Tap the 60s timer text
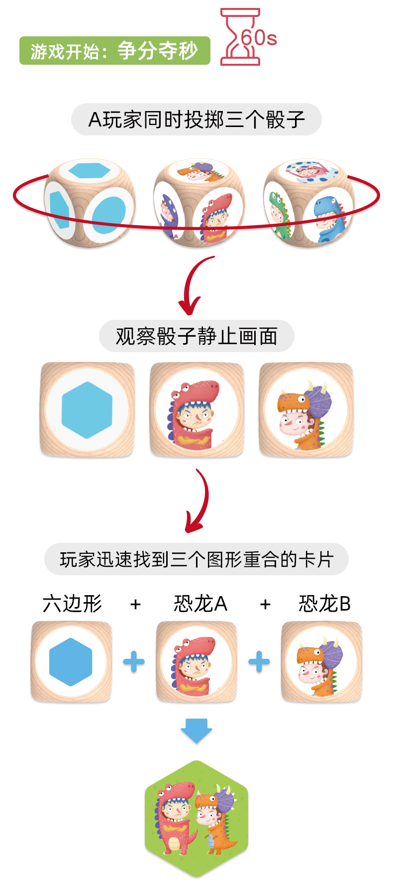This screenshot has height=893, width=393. (259, 38)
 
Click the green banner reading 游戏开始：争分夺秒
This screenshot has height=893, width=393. (114, 51)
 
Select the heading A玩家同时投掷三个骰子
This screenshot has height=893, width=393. (196, 120)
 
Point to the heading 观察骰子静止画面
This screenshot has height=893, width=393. (196, 336)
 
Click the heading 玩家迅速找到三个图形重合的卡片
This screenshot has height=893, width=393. (196, 559)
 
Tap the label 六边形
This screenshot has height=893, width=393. (73, 604)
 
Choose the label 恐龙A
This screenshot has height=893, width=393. (200, 604)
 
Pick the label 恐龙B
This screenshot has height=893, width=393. (324, 604)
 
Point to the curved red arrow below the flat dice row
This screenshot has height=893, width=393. (198, 501)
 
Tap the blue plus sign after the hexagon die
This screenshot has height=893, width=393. (134, 662)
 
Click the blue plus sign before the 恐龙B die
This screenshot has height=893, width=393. (259, 662)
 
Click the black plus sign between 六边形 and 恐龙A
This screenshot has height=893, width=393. (135, 604)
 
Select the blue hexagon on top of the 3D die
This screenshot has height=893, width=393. (89, 170)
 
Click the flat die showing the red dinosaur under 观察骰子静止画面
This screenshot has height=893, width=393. (197, 409)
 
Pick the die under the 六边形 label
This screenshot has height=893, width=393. (71, 662)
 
